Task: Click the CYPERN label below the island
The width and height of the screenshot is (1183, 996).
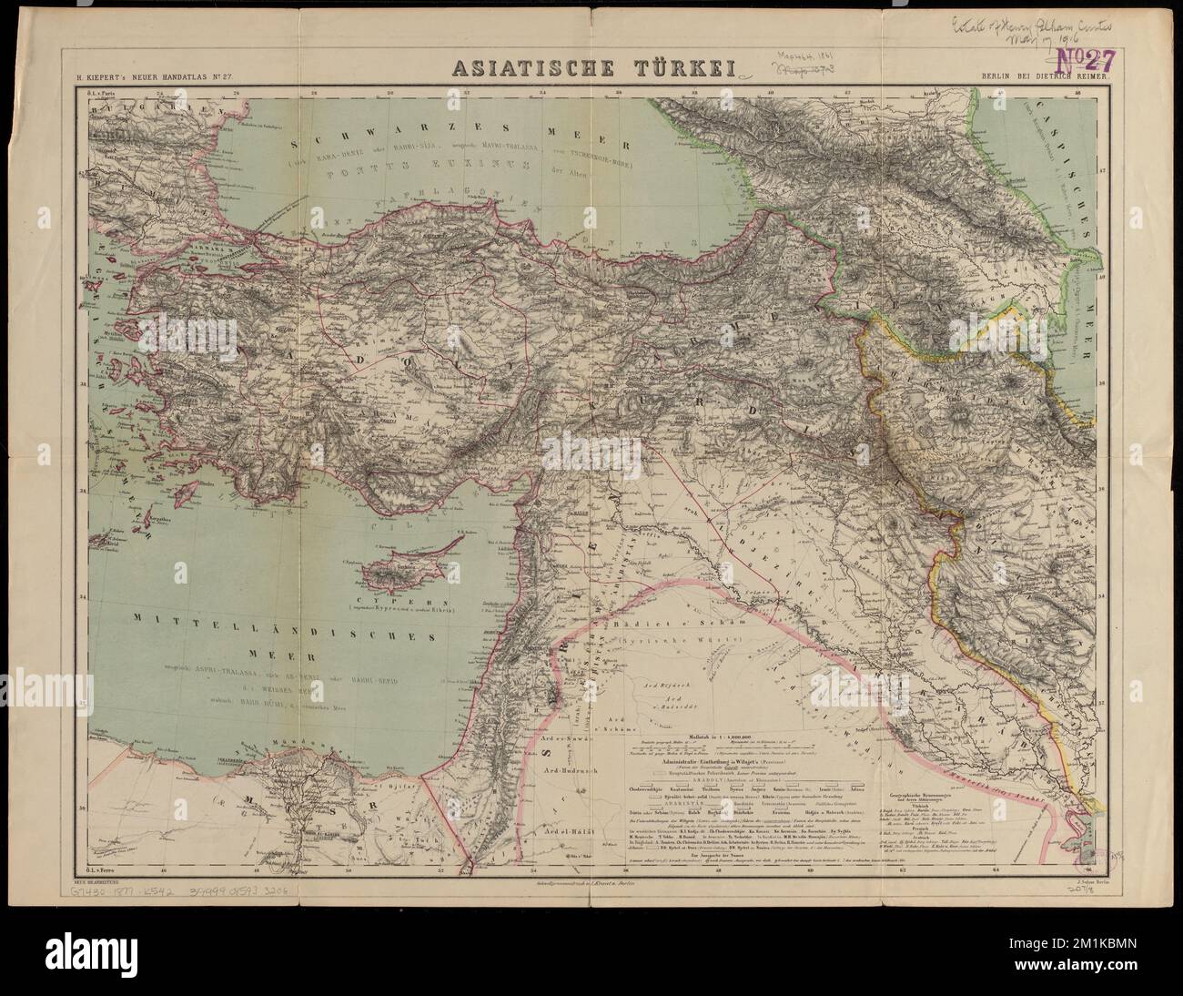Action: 400,603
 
